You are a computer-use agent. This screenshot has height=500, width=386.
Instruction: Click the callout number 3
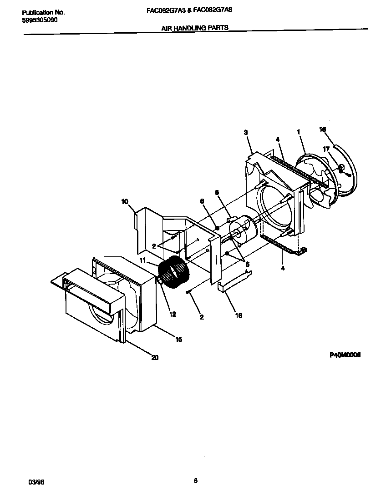pyautogui.click(x=245, y=132)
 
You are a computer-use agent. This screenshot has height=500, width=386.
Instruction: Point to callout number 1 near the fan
pyautogui.click(x=299, y=132)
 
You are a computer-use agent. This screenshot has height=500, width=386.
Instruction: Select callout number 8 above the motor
pyautogui.click(x=217, y=193)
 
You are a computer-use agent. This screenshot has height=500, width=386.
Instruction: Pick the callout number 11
pyautogui.click(x=142, y=260)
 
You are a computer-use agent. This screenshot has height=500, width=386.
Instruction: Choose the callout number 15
pyautogui.click(x=179, y=339)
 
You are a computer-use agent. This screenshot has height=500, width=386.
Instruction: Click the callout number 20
pyautogui.click(x=155, y=357)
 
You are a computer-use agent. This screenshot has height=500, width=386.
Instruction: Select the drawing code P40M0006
pyautogui.click(x=345, y=356)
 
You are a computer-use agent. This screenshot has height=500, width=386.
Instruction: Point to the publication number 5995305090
pyautogui.click(x=40, y=20)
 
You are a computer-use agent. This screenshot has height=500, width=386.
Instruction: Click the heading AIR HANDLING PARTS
pyautogui.click(x=194, y=28)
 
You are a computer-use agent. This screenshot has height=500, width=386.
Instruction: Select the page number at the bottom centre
pyautogui.click(x=195, y=480)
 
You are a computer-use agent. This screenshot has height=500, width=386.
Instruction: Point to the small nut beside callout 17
pyautogui.click(x=340, y=168)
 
